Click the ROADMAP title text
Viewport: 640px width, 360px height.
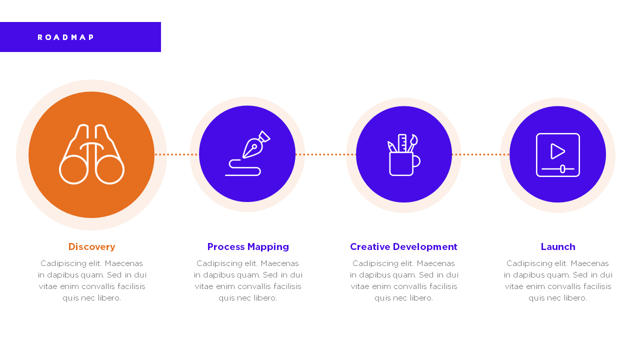click(x=65, y=37)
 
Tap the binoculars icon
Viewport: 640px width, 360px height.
click(x=91, y=154)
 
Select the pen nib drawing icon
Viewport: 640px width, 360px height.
click(x=247, y=153)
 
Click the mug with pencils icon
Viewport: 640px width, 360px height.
click(x=404, y=154)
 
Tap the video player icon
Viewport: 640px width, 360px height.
click(x=558, y=155)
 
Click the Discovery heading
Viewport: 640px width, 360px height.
click(x=91, y=246)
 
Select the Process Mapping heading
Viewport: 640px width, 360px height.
click(x=248, y=247)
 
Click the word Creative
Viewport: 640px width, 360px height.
click(x=370, y=246)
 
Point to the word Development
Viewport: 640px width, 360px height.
click(x=425, y=247)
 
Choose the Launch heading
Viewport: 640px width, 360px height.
click(x=558, y=246)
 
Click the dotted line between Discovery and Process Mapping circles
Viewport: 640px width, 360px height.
click(x=176, y=154)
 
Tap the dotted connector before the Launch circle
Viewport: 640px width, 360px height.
click(x=480, y=154)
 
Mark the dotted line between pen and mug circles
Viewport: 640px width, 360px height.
click(x=325, y=154)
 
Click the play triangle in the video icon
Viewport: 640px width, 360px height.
click(x=557, y=151)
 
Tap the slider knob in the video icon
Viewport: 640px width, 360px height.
click(x=562, y=169)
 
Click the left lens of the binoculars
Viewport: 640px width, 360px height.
click(x=73, y=169)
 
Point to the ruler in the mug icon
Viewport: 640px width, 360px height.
click(x=402, y=143)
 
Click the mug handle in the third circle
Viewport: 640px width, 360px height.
click(x=417, y=161)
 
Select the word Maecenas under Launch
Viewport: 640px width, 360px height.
click(x=589, y=263)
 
